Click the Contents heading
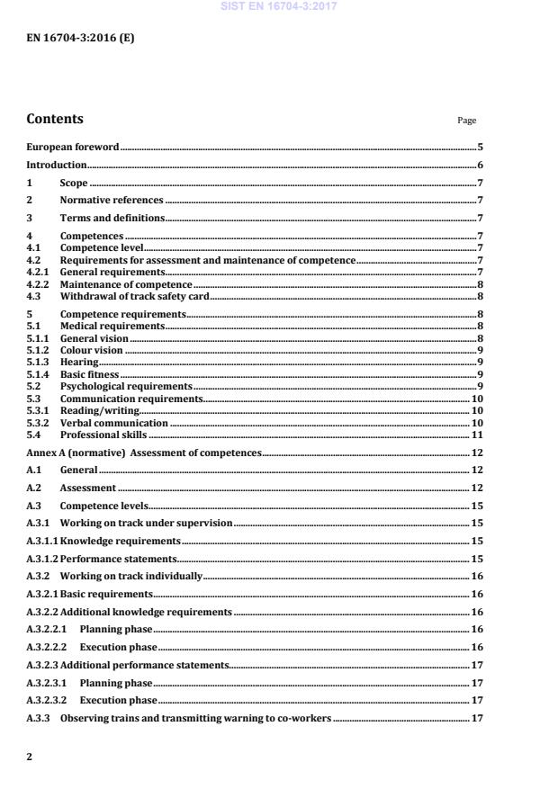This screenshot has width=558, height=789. click(55, 119)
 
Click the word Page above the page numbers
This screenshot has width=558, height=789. click(467, 121)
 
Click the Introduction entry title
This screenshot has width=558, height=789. click(56, 165)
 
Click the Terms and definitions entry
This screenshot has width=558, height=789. click(112, 218)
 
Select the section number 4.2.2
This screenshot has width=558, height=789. click(38, 284)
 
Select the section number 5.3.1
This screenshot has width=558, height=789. click(38, 410)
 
